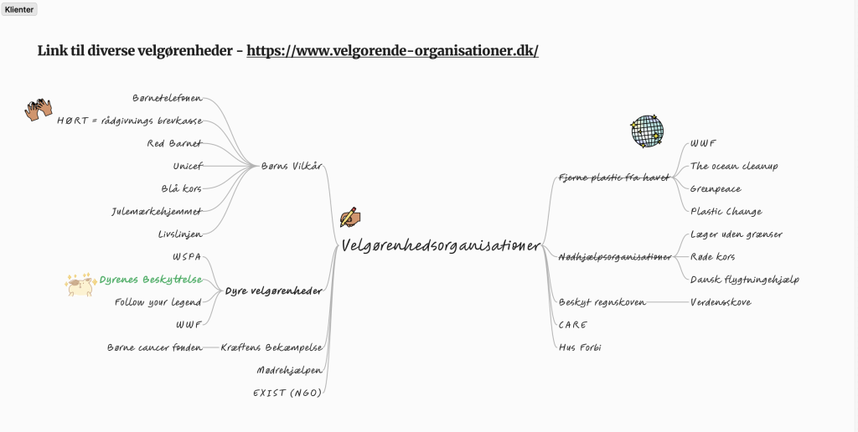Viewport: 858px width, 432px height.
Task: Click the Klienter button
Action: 19,9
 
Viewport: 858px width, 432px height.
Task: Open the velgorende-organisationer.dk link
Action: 392,50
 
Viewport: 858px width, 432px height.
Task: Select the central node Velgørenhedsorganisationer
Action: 441,245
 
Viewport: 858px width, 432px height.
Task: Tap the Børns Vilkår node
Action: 292,166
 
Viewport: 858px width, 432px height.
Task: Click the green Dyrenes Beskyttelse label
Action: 151,280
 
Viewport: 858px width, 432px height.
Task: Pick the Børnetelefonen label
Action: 168,98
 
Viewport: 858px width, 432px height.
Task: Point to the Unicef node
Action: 188,166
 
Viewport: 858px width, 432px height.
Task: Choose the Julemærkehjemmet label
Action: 157,211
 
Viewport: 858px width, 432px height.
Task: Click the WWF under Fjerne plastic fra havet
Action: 703,143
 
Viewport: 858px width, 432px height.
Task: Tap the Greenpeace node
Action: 715,188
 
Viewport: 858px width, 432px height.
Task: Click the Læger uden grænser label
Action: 736,234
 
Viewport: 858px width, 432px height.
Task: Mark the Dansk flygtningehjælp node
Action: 744,279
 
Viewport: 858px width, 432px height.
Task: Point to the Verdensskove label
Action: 720,301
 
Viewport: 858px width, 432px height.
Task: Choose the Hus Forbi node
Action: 580,347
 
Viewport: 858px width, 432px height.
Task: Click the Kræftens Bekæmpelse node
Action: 271,347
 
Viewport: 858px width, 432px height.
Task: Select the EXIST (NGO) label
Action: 287,392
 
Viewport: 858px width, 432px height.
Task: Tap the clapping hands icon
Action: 39,110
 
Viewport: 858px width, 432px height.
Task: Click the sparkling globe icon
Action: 647,131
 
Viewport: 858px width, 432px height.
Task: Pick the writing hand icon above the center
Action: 349,217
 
